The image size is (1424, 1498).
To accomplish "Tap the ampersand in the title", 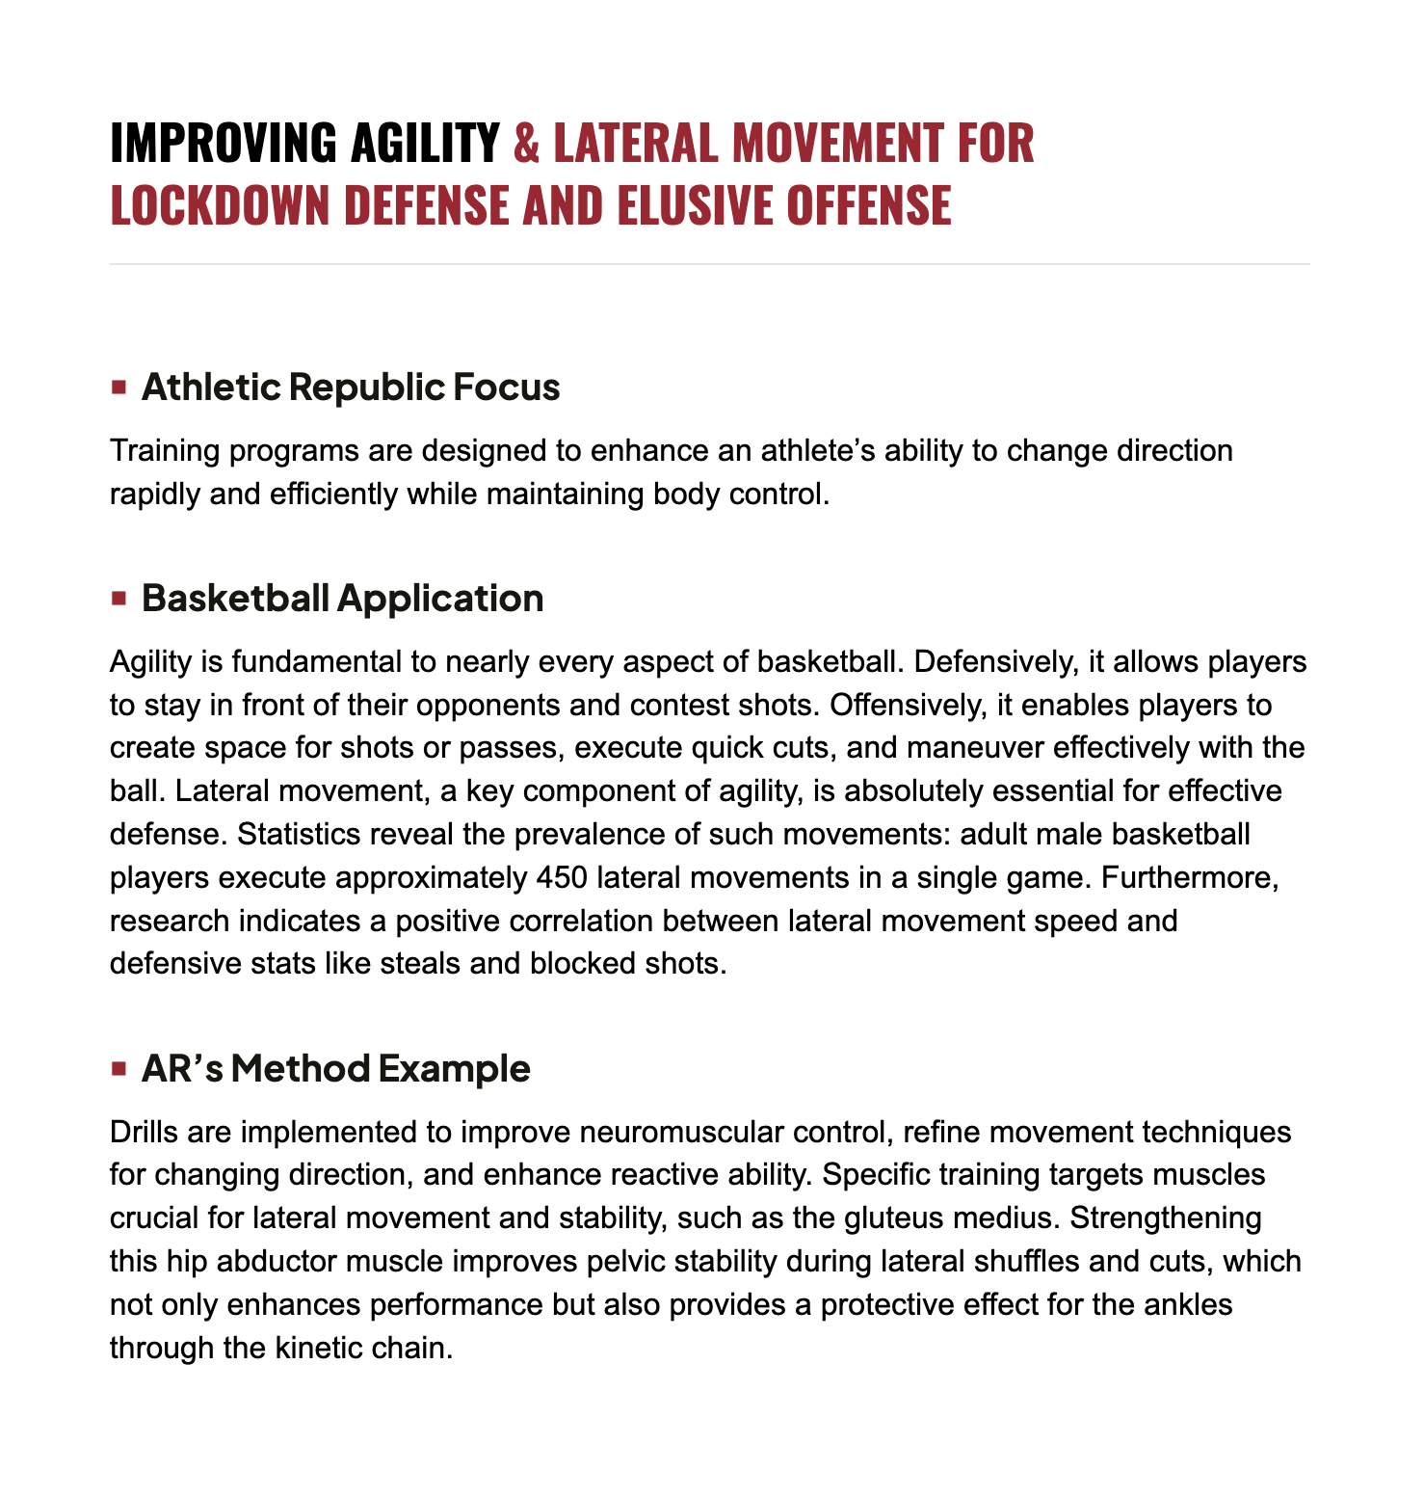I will coord(527,143).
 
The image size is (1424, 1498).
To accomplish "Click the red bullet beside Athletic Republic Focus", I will coord(119,388).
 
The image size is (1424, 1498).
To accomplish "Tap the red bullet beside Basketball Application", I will coord(119,599).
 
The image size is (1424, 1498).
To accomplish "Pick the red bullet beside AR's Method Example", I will coord(119,1069).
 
